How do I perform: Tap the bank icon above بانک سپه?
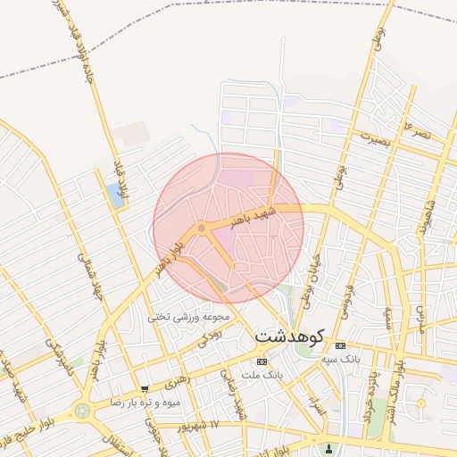tap(340, 345)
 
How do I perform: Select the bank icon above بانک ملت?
tap(261, 361)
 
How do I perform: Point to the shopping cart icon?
tap(145, 389)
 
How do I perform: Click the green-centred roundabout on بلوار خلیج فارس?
tap(83, 411)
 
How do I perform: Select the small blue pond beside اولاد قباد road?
tap(116, 193)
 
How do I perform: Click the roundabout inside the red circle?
tap(203, 228)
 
